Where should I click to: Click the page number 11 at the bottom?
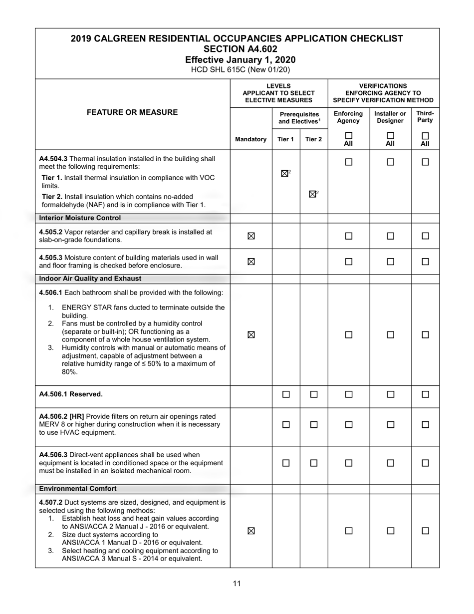237,584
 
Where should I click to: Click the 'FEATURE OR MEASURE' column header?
132,112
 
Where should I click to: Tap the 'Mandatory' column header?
251,139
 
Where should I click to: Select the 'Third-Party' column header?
425,116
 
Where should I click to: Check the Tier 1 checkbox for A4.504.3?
284,174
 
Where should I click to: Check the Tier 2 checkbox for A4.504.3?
312,194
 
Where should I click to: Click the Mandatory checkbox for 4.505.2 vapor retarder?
251,236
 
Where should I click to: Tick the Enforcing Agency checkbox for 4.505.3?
349,262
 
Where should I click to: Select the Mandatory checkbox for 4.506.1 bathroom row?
251,335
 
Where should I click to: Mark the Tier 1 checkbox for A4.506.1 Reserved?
286,394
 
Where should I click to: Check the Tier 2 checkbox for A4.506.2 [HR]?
314,425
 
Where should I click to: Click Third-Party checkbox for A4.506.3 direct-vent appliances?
425,463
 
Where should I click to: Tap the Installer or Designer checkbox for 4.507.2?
390,531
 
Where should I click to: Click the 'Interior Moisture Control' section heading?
80,218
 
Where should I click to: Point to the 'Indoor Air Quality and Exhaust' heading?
90,279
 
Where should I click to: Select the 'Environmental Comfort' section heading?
78,489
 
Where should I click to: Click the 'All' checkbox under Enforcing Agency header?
349,135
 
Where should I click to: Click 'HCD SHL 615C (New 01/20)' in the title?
237,70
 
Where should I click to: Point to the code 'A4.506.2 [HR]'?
61,416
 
